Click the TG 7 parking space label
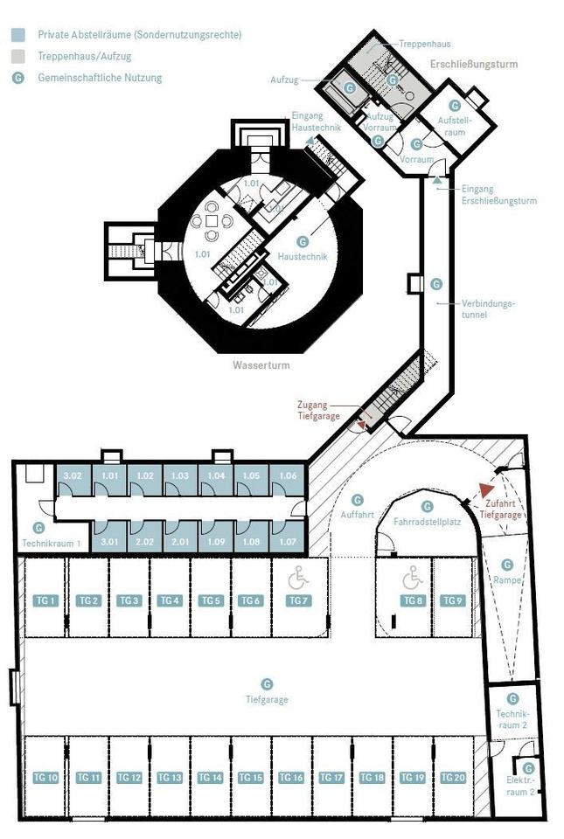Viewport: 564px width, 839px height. click(x=298, y=600)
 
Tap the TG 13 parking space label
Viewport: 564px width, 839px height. click(x=170, y=778)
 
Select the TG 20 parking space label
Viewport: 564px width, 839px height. click(x=452, y=778)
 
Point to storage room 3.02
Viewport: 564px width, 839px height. click(x=73, y=475)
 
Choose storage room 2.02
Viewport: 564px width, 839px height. click(x=145, y=542)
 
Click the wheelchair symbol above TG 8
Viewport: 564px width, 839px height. click(x=412, y=577)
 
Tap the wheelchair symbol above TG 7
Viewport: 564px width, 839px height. click(x=298, y=577)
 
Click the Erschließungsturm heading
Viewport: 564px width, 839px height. click(x=474, y=64)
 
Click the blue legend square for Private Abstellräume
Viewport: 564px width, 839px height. click(x=17, y=35)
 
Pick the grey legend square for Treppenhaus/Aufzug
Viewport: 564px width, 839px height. click(x=17, y=56)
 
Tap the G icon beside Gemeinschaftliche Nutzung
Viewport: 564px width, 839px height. click(x=17, y=78)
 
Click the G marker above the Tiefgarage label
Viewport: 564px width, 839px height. click(x=268, y=683)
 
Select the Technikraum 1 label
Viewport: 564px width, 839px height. click(x=52, y=543)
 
